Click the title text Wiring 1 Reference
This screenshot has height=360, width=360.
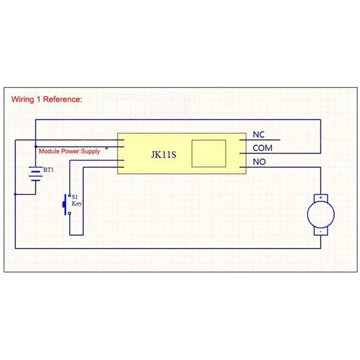tap(47, 99)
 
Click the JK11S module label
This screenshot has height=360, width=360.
tap(162, 154)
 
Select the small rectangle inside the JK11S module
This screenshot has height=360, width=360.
tap(208, 154)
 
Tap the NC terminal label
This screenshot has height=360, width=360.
tap(259, 135)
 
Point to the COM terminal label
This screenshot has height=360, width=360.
tap(262, 148)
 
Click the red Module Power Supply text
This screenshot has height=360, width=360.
tap(69, 152)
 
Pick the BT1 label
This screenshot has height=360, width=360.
tap(48, 170)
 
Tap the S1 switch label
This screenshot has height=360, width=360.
tap(75, 197)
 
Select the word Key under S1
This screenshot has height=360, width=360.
tap(76, 203)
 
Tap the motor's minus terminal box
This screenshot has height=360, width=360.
tap(320, 231)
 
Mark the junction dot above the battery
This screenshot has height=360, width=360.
tap(35, 147)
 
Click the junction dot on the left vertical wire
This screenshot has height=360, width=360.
tap(15, 194)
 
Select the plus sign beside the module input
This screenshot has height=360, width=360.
tap(106, 148)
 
